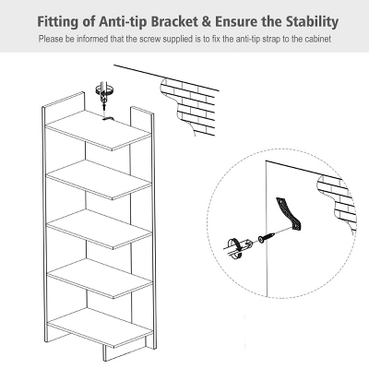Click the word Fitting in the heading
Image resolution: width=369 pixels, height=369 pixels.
pos(57,22)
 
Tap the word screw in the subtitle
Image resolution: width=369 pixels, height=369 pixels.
pos(150,40)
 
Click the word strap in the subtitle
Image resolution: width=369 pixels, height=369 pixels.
pos(271,40)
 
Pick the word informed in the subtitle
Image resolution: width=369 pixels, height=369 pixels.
pos(92,39)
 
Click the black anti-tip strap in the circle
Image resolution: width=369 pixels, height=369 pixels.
pos(290,213)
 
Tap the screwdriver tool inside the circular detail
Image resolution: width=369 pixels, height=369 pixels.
pos(239,245)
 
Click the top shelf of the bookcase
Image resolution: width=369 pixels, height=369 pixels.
pos(99,130)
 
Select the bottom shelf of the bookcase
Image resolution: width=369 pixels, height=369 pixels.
pos(101,327)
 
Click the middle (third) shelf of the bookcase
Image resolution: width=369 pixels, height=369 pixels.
pos(100,229)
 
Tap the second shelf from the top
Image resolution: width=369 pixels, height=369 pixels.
pos(99,180)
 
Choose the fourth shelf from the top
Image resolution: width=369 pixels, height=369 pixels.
pos(100,279)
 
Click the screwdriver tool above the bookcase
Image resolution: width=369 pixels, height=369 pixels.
pos(105,95)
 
